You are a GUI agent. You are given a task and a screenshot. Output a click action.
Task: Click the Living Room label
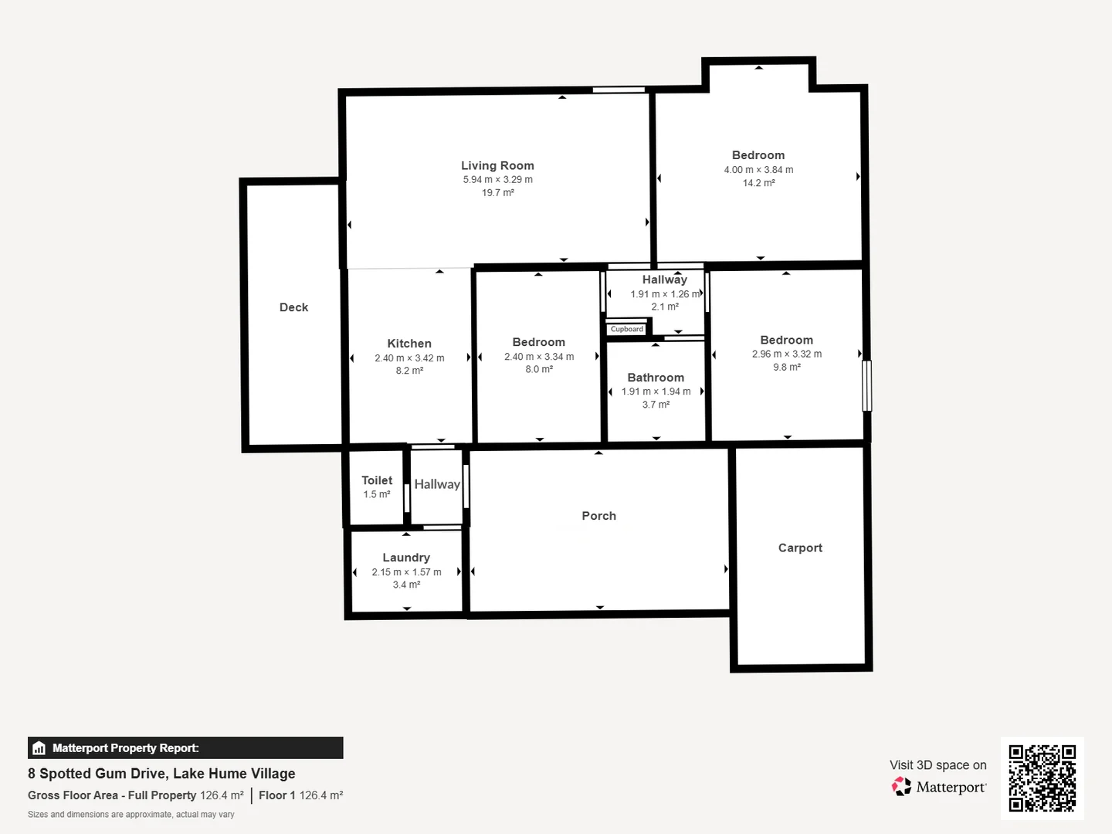497,165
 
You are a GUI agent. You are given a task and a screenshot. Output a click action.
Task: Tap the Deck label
294,307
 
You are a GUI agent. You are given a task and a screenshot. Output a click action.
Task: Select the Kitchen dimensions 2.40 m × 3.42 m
409,358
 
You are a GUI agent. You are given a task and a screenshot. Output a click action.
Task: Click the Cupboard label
627,329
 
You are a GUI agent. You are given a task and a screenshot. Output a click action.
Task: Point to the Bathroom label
656,378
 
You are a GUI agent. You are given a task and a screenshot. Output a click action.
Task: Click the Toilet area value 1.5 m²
376,494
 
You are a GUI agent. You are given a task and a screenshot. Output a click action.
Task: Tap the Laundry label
406,558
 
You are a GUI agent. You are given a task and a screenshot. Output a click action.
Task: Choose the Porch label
598,516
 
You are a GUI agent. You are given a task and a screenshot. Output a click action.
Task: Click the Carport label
801,548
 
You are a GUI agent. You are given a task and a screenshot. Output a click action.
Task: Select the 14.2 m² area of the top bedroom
759,183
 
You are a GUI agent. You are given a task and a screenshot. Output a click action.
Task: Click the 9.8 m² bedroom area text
787,367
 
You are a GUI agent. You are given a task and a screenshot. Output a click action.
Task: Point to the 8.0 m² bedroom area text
539,369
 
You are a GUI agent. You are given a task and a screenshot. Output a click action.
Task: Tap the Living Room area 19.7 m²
498,192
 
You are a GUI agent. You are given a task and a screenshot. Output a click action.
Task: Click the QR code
1042,778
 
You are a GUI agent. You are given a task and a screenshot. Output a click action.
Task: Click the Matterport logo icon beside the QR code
901,786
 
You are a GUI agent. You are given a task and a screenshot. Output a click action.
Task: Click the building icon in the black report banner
39,748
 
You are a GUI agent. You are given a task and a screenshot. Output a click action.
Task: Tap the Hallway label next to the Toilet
437,484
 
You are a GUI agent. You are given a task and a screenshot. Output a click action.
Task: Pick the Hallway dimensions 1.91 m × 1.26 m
665,293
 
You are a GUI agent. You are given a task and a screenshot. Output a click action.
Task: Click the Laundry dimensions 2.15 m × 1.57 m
406,572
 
